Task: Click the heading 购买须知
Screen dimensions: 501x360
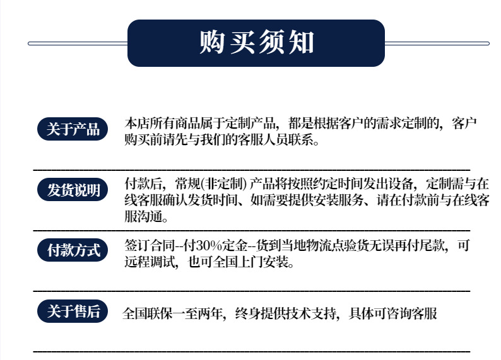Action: point(257,42)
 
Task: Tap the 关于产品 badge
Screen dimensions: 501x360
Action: point(73,129)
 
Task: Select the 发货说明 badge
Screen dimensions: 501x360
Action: point(73,190)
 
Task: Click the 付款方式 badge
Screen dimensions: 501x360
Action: point(73,250)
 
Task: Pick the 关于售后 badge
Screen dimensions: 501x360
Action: point(73,311)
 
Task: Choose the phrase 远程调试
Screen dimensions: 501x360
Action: point(150,262)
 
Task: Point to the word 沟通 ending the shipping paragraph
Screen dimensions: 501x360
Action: point(150,217)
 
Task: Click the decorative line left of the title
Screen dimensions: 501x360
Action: point(78,44)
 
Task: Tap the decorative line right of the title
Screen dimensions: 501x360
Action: point(437,44)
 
